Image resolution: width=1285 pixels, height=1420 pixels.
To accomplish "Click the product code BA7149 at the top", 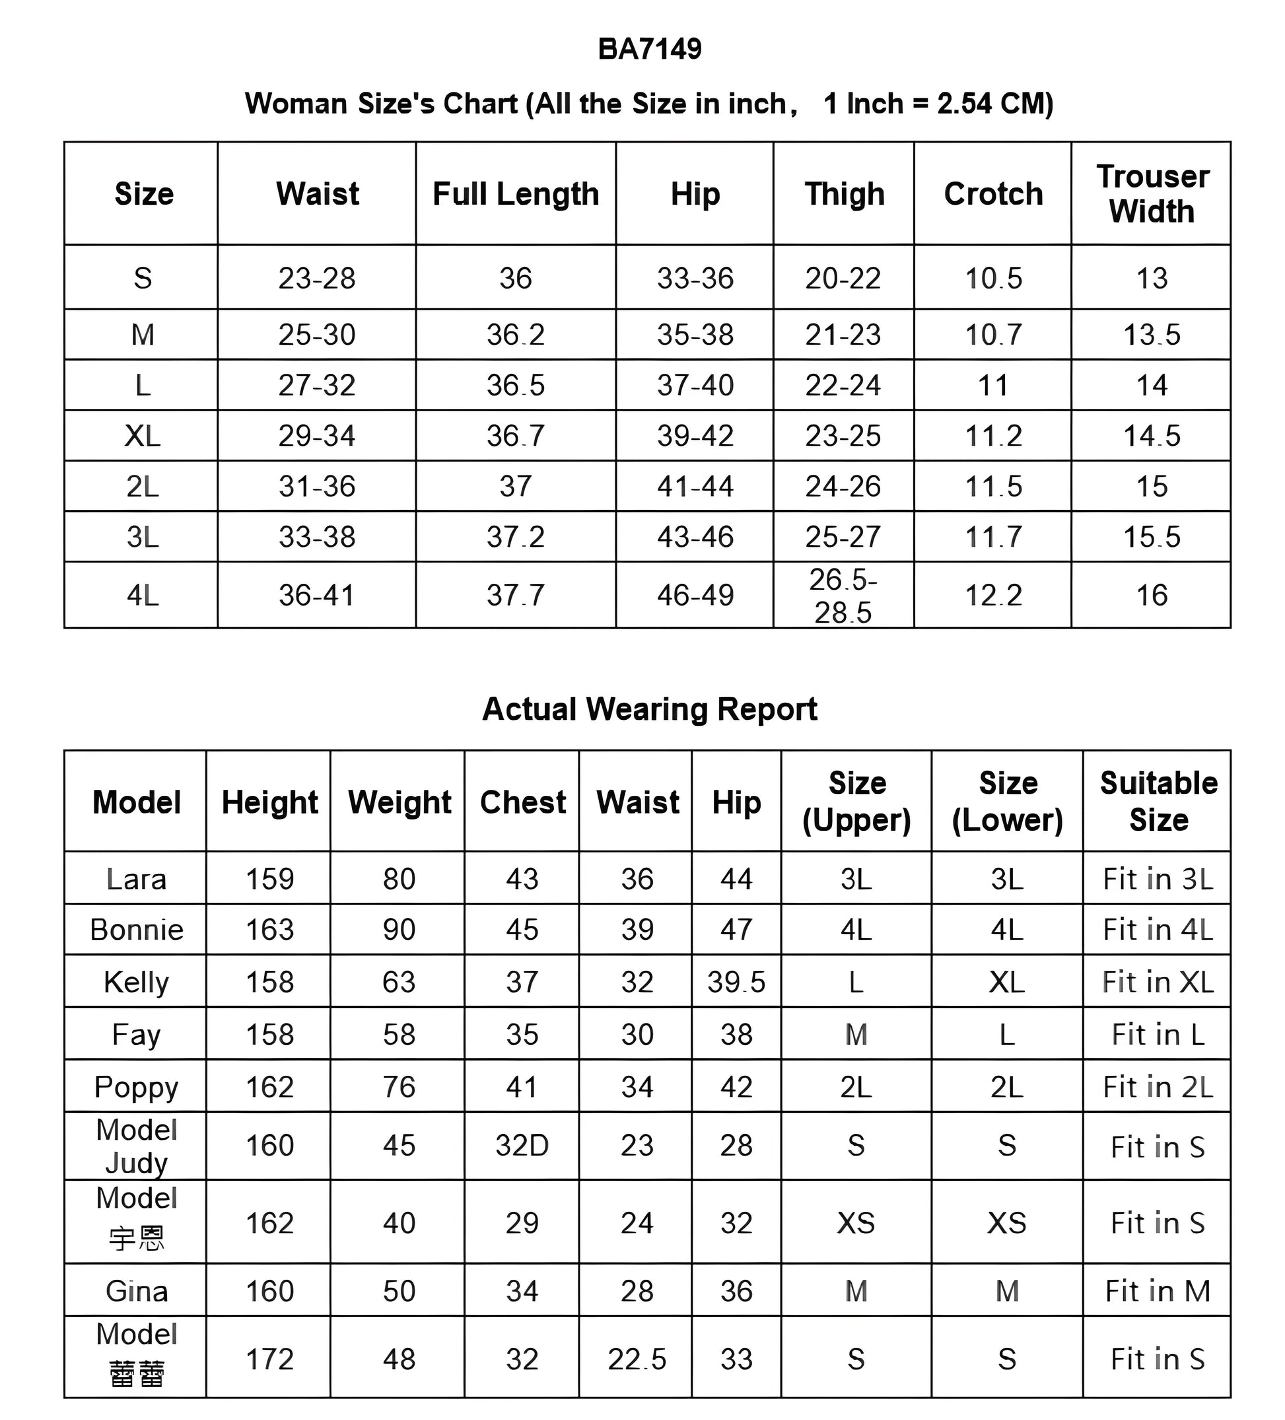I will pos(649,50).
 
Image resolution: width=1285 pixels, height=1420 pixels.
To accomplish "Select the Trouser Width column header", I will pos(1152,194).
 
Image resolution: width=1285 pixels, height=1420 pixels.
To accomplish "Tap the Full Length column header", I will pos(516,194).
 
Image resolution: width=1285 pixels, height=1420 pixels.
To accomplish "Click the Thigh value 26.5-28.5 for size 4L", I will pos(843,596).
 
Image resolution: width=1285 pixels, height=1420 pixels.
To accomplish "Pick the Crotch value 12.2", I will pos(992,596).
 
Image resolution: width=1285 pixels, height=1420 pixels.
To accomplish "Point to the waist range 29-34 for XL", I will pos(317,436).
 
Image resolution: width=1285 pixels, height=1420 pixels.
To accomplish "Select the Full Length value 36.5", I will pos(516,385).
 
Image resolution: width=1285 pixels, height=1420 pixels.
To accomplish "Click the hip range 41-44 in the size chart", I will pos(695,487).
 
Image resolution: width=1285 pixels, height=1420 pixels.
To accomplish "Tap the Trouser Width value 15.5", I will pos(1151,538).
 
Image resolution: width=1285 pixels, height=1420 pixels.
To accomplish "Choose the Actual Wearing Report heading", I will pos(649,709).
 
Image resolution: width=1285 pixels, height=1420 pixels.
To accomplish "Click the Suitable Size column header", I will pos(1158,802).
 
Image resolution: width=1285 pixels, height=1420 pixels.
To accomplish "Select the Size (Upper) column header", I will pos(856,802).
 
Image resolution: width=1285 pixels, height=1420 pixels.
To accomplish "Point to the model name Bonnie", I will pos(137,930).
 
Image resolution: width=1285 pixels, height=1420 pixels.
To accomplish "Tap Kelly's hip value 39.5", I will pos(736,982).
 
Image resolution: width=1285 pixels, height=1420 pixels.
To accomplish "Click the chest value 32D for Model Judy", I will pos(522,1146).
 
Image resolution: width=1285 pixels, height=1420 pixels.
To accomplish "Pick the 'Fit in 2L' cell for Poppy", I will pos(1158,1087).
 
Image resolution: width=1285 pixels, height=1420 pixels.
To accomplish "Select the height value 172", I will pos(269,1359).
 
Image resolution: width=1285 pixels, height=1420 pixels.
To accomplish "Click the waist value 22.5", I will pos(637,1359).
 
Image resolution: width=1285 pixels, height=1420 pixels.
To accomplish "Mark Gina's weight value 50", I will pos(399,1291).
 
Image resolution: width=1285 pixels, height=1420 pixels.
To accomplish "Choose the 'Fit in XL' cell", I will pos(1158,982).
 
